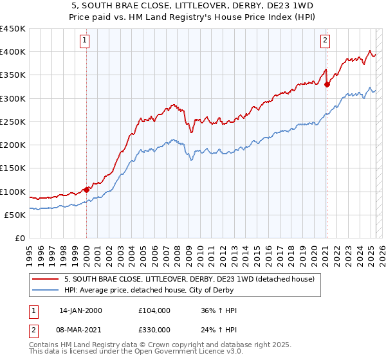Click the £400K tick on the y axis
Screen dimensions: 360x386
pos(13,52)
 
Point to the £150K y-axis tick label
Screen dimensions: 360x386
pos(13,168)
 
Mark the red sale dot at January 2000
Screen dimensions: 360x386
pos(86,190)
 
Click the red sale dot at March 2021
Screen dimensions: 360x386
pos(327,84)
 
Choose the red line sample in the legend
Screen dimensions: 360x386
pos(46,279)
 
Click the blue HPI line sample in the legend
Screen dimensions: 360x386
pos(46,290)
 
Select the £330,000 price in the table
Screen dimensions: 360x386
pos(155,330)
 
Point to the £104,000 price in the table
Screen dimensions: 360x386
pos(155,310)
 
